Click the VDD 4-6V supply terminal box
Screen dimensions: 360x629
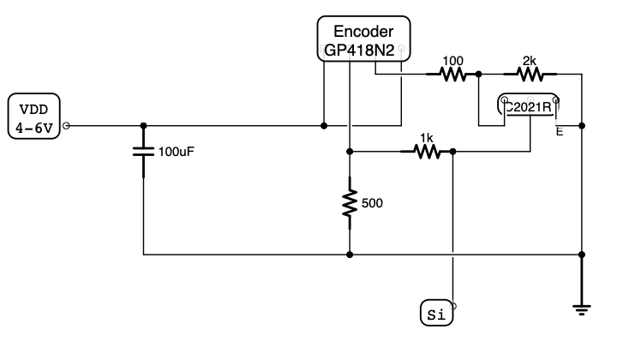[34, 118]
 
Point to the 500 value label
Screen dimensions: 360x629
[374, 203]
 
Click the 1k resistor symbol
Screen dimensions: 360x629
[426, 152]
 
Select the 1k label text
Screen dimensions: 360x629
[426, 137]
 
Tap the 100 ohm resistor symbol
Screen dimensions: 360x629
[452, 75]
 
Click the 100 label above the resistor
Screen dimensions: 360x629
[452, 60]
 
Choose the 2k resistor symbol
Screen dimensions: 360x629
[529, 75]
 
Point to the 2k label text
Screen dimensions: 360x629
[529, 60]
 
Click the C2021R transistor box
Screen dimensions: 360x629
[530, 107]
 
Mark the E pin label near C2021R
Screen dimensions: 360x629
[560, 132]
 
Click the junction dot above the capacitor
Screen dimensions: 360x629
[143, 125]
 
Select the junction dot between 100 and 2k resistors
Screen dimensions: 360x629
[478, 75]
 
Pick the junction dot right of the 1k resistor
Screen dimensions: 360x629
[452, 152]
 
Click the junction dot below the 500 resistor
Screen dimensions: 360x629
[350, 255]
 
